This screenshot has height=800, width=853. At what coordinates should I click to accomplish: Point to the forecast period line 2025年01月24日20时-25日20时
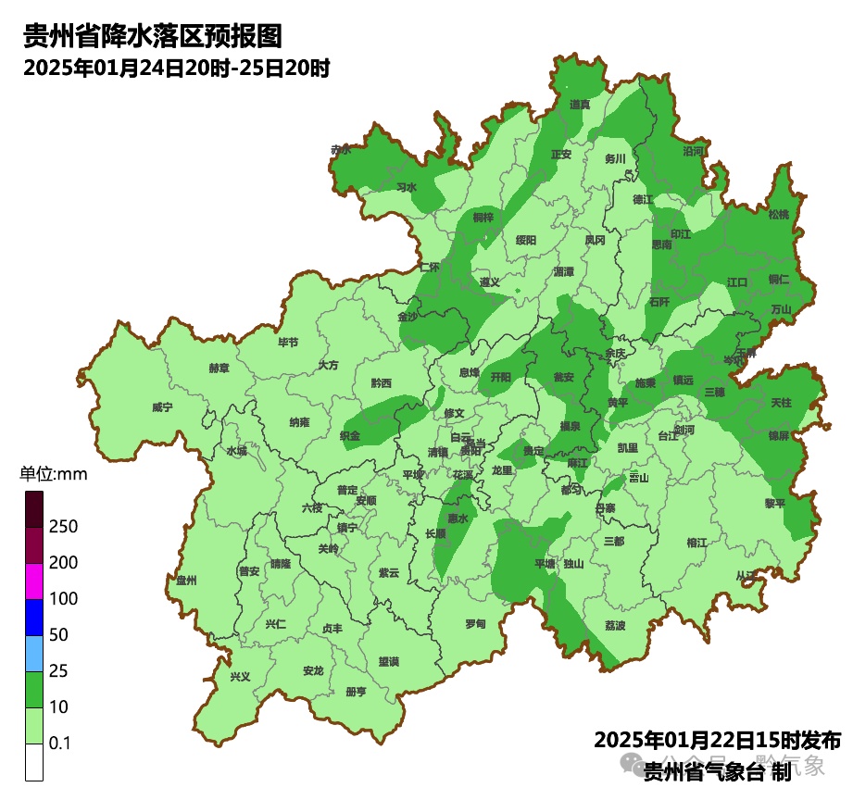177,68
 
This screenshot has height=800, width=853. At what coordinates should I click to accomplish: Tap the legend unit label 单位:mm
53,475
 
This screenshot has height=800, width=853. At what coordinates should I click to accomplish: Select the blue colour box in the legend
34,618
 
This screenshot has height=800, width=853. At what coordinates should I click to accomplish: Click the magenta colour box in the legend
34,581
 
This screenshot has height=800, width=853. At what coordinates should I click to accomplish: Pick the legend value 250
64,527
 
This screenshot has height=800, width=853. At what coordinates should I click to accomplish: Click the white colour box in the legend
34,762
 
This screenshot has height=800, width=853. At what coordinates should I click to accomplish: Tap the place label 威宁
162,406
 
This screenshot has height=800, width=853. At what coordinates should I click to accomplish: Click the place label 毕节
289,343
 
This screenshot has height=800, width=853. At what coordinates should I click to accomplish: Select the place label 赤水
341,149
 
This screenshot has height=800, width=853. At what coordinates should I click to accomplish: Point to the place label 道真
581,105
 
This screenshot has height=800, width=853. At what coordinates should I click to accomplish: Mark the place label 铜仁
778,279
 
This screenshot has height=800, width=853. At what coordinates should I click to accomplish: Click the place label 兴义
241,676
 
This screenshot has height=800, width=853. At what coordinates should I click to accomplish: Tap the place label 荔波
615,626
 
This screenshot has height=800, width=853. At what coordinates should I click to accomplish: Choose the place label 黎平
774,503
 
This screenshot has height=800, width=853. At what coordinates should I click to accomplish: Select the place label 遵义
490,281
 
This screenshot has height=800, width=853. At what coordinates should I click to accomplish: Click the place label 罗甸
475,622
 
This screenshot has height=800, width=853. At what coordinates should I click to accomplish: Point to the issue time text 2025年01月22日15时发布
717,741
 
